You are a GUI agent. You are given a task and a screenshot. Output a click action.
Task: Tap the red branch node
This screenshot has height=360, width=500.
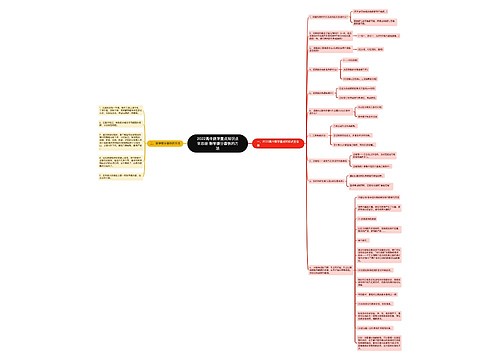coord(283,143)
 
